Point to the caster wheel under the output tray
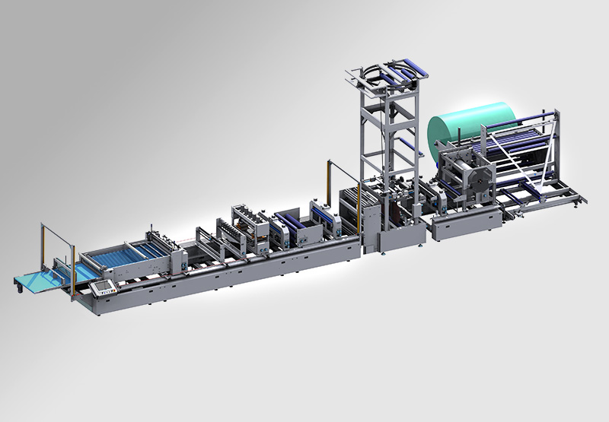(x=16, y=287)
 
